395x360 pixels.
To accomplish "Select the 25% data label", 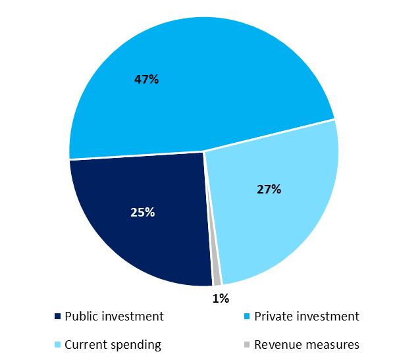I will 143,212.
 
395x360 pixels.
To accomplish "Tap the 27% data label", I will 269,190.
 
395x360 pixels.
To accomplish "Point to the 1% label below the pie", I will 221,299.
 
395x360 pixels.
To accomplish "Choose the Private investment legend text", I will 307,317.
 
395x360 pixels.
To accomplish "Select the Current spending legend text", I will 113,344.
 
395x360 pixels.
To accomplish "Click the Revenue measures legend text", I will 307,344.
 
